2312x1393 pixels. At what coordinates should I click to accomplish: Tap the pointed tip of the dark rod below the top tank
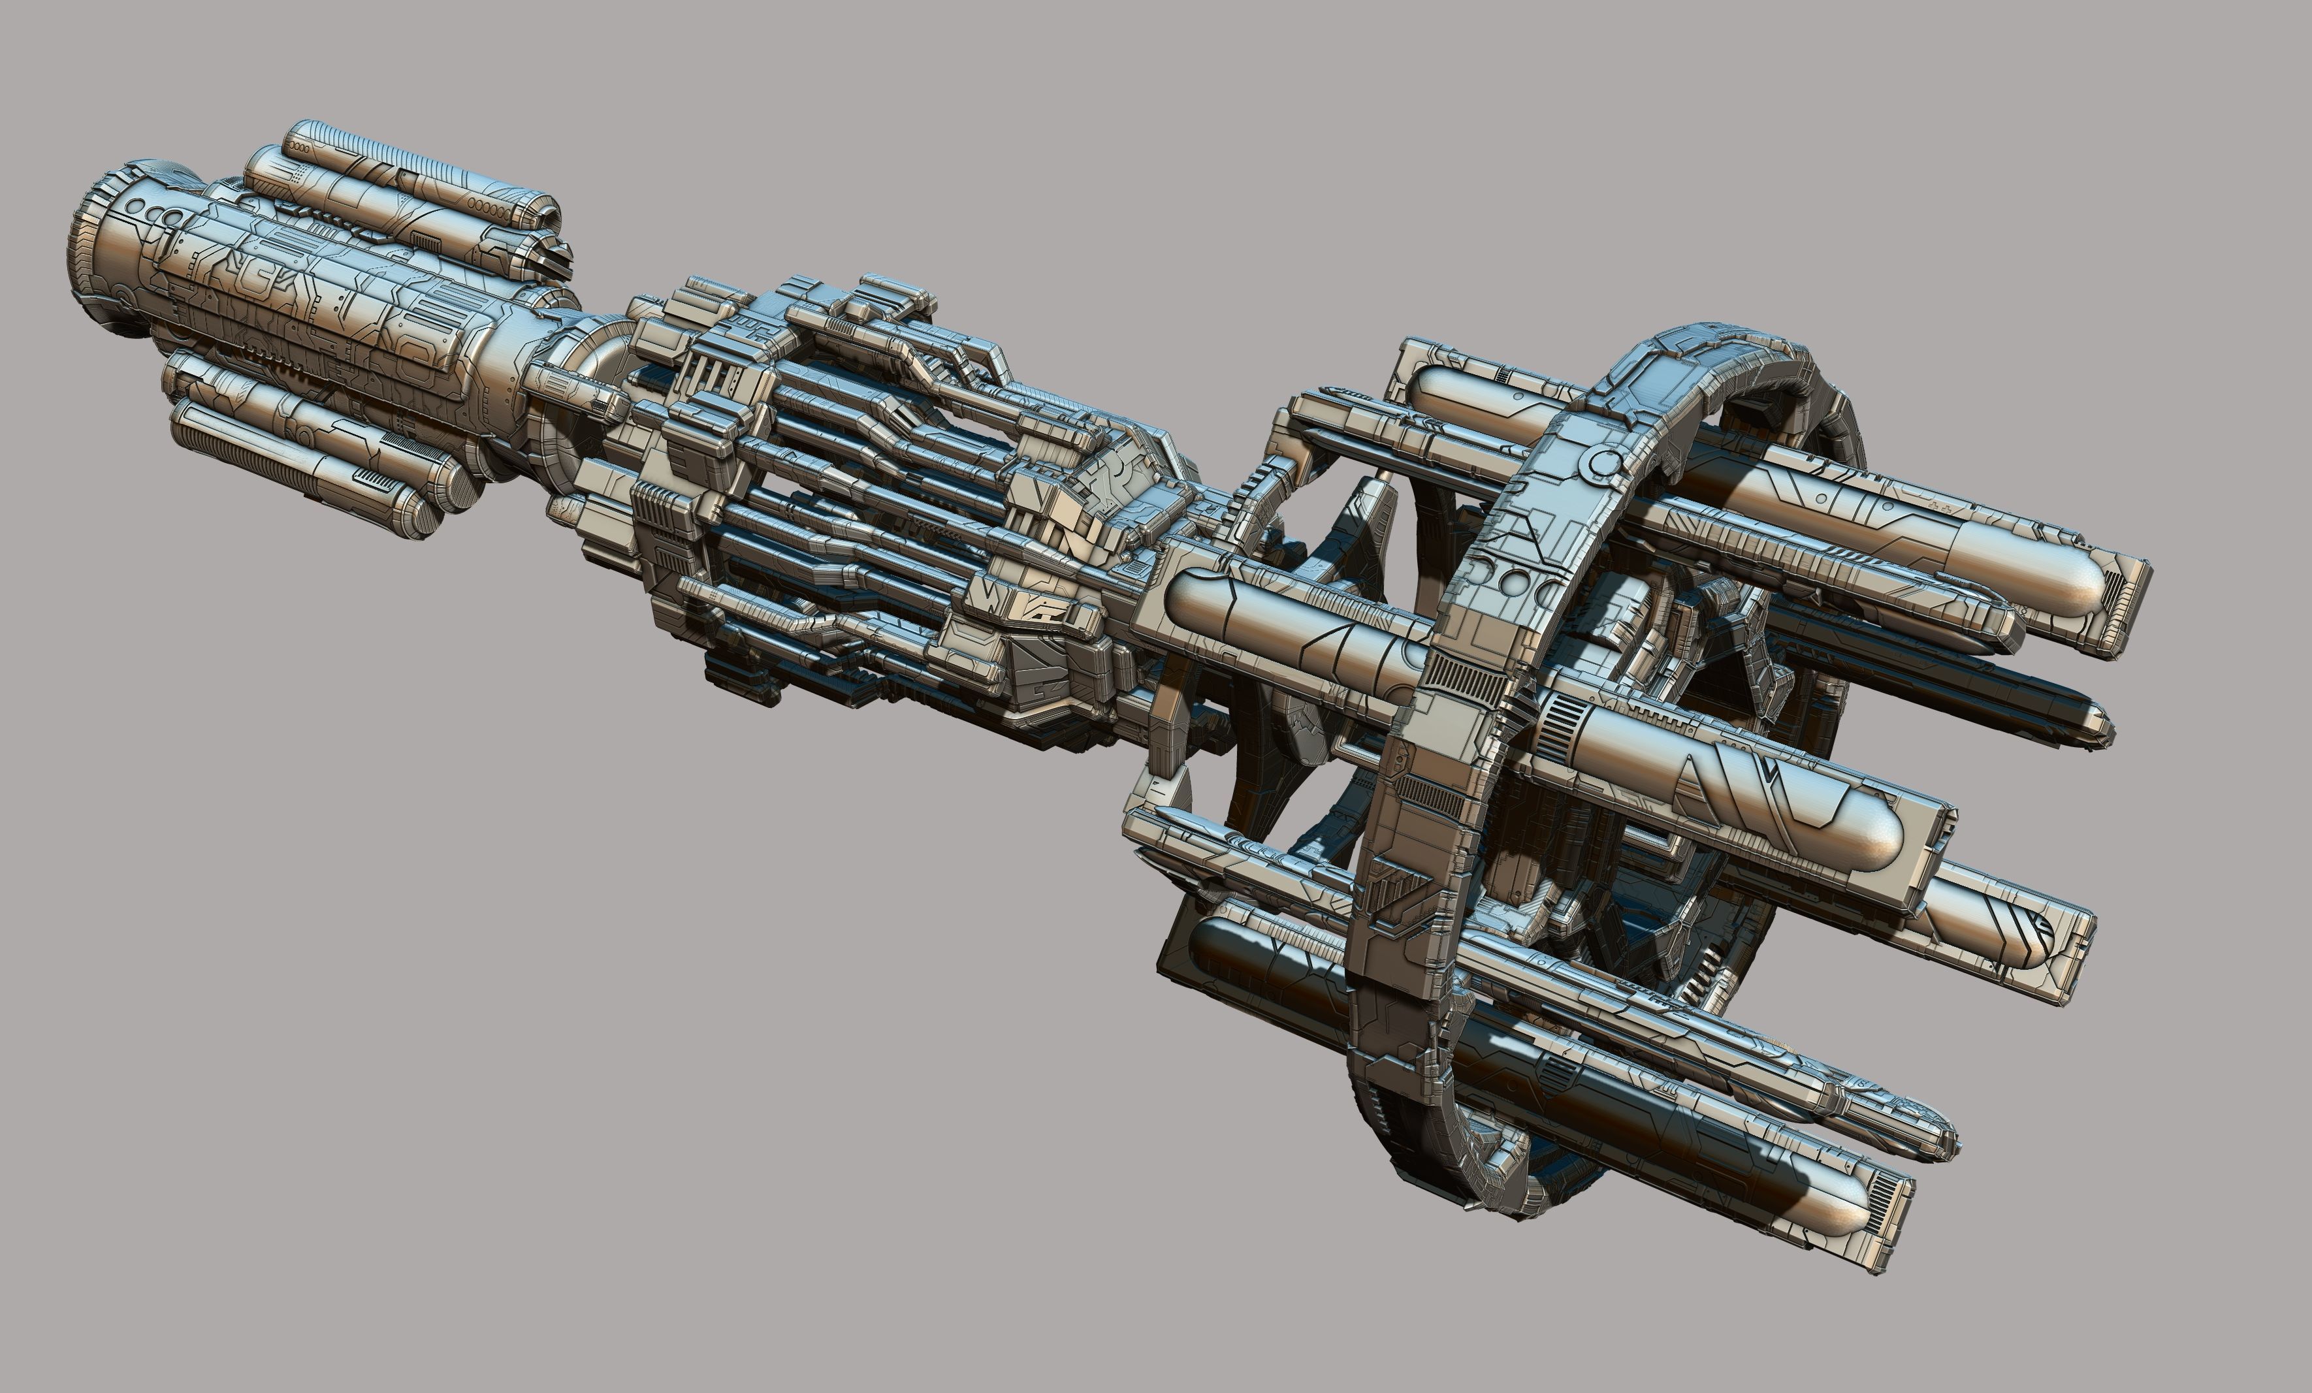tap(2106, 728)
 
